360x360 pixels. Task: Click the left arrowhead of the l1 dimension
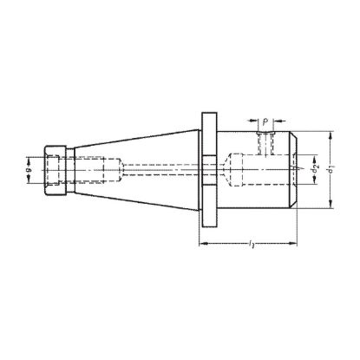[x=205, y=242]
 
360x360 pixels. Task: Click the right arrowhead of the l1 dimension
[x=298, y=242]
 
